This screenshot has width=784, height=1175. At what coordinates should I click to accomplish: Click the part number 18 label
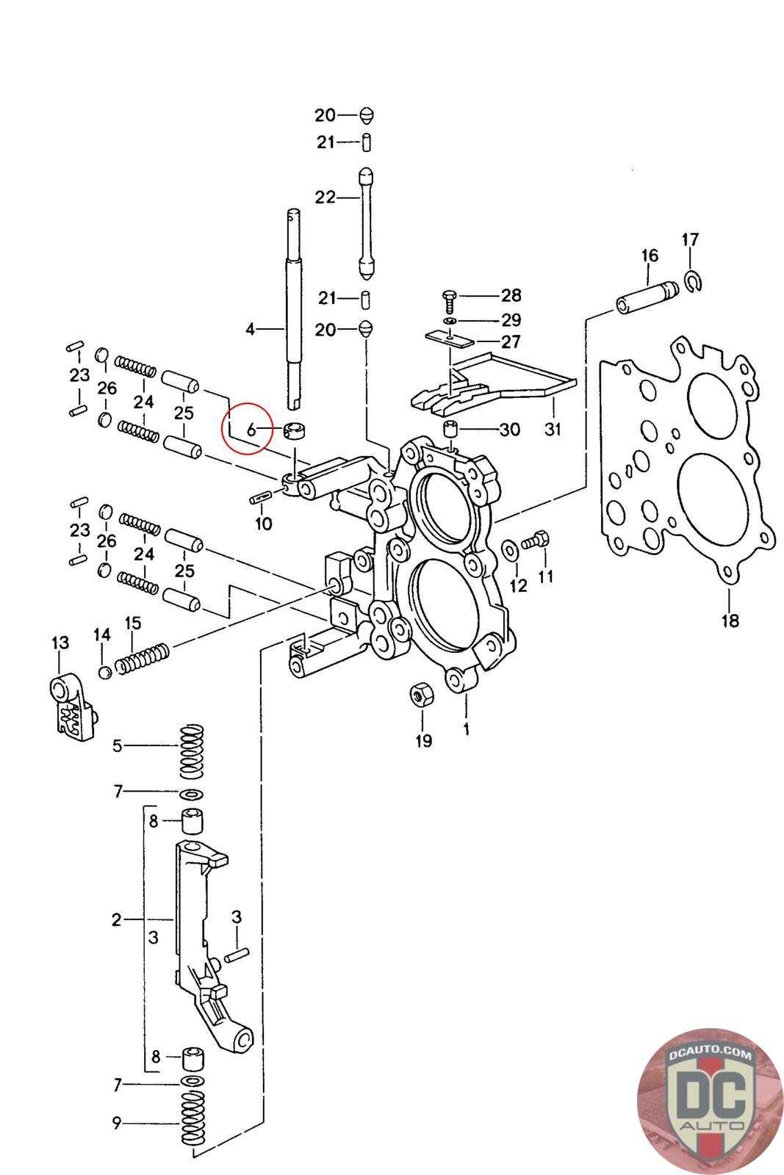pos(729,621)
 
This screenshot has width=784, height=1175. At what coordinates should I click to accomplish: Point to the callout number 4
pos(250,329)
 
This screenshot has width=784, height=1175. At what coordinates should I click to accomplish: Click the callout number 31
pos(552,429)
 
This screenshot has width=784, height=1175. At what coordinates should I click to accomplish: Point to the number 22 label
pos(325,197)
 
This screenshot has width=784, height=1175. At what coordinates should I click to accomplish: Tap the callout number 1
pos(466,729)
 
